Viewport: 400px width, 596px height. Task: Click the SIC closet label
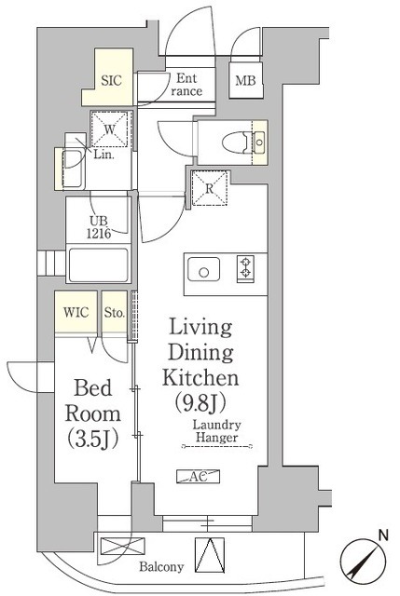click(111, 81)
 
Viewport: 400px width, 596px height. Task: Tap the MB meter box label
click(245, 81)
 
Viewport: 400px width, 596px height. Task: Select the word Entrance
click(186, 85)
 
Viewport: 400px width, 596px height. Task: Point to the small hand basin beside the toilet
click(259, 142)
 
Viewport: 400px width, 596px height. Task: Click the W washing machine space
click(110, 129)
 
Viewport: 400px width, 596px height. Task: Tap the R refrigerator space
click(210, 188)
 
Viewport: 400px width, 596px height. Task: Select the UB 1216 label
click(99, 227)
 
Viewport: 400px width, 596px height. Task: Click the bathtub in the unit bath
click(99, 264)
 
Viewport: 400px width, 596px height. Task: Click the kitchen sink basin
click(203, 269)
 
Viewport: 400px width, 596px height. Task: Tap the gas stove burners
click(245, 267)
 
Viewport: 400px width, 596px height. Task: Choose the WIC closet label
click(76, 313)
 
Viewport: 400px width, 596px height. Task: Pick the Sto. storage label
click(115, 313)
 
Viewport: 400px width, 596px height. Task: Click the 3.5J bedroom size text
click(93, 439)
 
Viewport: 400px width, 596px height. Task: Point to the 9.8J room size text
click(200, 403)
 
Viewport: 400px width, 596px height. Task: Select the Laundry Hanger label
click(216, 431)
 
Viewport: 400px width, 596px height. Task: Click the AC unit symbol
click(199, 476)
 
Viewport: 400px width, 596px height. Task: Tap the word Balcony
click(161, 567)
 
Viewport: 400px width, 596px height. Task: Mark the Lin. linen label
click(103, 156)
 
